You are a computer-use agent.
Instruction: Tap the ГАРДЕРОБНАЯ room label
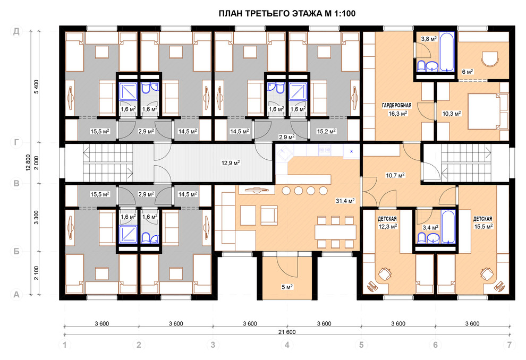396,106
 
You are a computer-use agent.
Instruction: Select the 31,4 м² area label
345,201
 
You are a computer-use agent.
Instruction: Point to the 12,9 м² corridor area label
231,163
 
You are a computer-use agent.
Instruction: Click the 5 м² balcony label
287,287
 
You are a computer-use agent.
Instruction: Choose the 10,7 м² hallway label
395,175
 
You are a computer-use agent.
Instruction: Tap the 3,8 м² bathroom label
429,39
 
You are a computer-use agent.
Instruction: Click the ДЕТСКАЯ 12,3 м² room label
387,223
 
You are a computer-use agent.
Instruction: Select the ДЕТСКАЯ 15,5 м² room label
483,223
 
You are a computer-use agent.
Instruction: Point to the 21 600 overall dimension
287,332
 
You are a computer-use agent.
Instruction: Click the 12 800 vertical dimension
28,163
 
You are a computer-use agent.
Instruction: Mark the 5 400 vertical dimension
37,87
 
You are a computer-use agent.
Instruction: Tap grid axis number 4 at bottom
287,345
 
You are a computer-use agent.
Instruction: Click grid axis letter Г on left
16,143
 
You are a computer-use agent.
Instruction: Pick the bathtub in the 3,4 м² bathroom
448,227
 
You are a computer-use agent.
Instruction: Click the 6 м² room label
468,72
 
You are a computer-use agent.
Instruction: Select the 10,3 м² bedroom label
452,114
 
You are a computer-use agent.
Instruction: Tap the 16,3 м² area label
398,114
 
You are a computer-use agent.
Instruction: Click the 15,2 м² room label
326,131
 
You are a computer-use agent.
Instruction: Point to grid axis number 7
510,345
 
